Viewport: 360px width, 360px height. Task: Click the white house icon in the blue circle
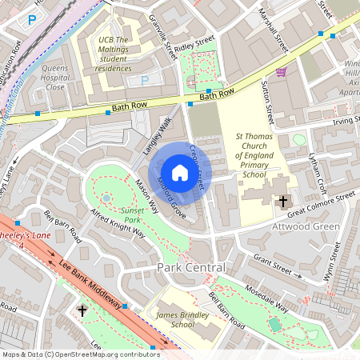(x=180, y=172)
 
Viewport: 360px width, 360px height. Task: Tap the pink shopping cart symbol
(x=281, y=72)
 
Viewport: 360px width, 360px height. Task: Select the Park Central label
(x=191, y=266)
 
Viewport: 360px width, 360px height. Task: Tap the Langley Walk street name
(x=158, y=135)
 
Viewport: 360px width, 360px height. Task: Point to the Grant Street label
(x=274, y=263)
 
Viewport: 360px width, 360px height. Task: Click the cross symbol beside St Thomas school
(x=282, y=202)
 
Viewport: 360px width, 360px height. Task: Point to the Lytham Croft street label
(x=318, y=167)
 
